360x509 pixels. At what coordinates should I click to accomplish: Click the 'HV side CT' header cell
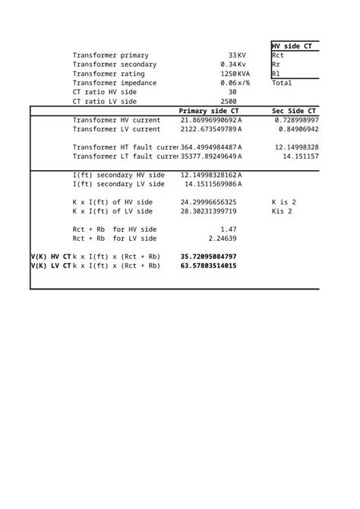295,46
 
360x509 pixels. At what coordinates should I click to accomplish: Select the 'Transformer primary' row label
110,55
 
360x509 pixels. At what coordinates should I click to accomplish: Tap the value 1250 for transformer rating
229,74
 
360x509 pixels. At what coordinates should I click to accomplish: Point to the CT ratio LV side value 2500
229,101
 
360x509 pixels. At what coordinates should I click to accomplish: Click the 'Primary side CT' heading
208,111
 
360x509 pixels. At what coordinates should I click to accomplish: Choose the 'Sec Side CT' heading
294,111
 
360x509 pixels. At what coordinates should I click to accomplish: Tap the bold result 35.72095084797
208,257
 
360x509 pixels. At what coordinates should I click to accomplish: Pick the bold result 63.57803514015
208,266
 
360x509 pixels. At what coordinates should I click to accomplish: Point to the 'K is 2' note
283,202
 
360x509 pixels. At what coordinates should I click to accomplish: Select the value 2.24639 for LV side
223,239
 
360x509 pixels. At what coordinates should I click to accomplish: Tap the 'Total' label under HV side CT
281,83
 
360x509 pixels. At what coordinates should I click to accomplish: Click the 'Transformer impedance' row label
115,83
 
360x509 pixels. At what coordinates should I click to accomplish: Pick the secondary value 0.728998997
297,120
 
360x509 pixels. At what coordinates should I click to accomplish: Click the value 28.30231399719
208,211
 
